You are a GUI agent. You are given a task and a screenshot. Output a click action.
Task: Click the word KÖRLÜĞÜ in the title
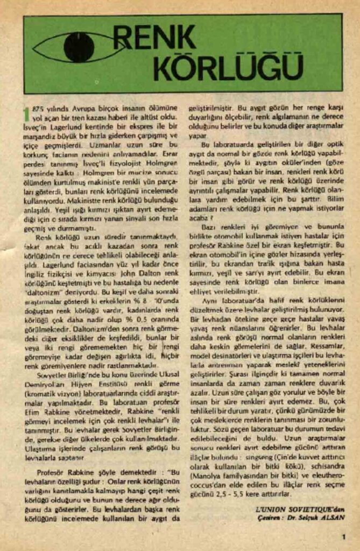(x=228, y=69)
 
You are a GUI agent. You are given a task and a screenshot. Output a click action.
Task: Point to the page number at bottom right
(x=343, y=536)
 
